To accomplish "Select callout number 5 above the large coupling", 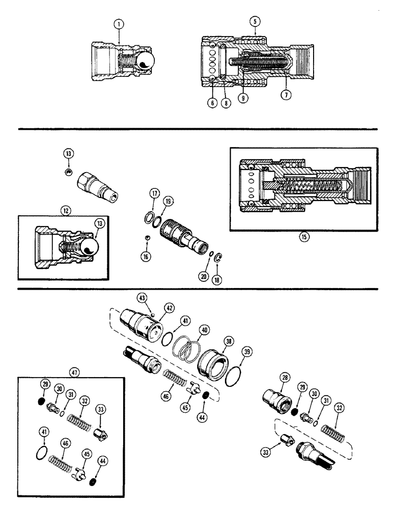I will (x=254, y=22).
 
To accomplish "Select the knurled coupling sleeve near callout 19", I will (x=177, y=235).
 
